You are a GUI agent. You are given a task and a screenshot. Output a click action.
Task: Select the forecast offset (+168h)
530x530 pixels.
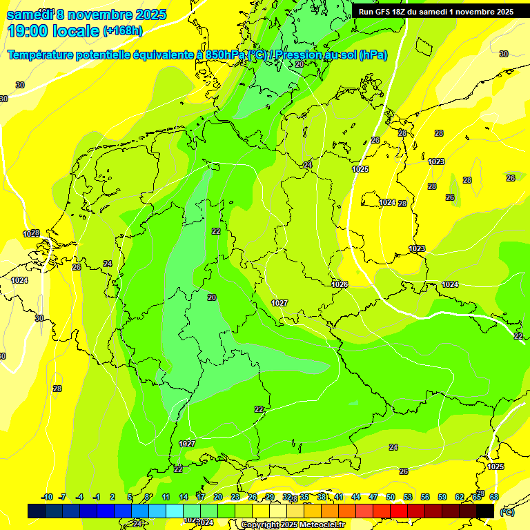(122, 31)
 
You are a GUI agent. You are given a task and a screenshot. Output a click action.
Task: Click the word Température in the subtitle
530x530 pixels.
(41, 55)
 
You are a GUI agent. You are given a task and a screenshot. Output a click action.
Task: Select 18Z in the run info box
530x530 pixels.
(401, 12)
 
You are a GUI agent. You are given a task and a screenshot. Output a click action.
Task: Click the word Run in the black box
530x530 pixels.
(366, 12)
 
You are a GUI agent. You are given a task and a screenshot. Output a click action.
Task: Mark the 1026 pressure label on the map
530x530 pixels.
(339, 284)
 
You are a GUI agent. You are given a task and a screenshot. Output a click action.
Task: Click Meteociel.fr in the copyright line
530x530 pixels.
(319, 525)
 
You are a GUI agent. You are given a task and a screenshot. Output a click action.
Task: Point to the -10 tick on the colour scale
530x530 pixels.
(47, 497)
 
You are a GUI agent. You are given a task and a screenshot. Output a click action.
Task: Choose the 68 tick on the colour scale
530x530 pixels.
(494, 497)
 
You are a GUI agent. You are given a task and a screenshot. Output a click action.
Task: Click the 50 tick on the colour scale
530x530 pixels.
(391, 497)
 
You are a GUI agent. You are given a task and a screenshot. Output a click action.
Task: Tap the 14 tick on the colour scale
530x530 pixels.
(184, 497)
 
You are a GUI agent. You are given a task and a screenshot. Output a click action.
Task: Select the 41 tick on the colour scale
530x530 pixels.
(339, 497)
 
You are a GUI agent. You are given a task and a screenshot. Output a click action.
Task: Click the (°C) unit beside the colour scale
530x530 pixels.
(507, 511)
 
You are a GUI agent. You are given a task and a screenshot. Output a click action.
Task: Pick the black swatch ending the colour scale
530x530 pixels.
(485, 511)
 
